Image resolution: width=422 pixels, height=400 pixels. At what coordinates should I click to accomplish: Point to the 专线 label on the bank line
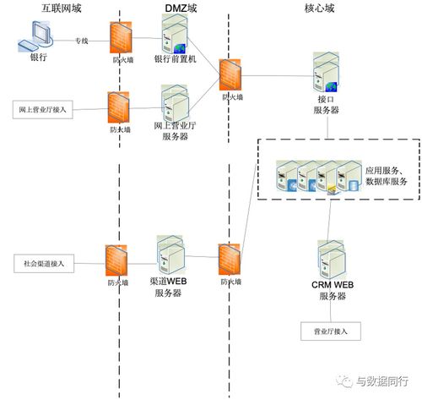pos(81,39)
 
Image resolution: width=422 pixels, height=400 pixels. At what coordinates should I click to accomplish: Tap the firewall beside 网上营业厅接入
pos(119,107)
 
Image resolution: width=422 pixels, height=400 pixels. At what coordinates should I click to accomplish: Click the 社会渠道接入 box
pos(45,263)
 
